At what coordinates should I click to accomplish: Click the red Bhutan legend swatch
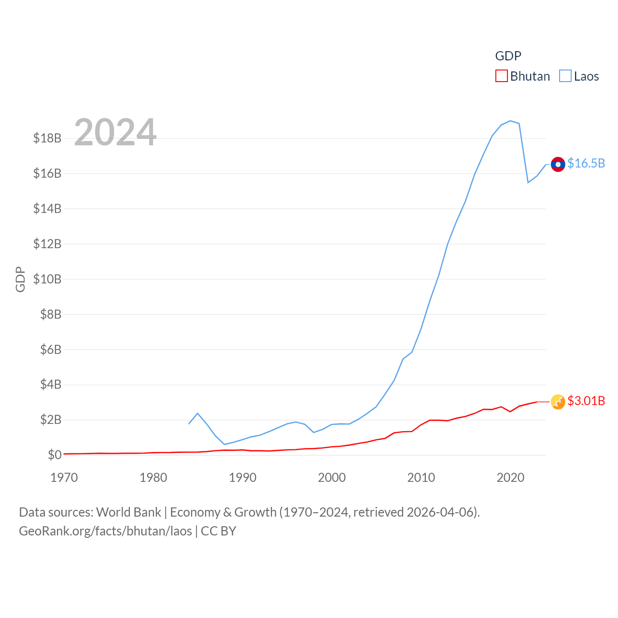click(502, 76)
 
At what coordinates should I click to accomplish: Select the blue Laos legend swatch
click(565, 76)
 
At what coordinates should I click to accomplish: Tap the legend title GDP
click(508, 56)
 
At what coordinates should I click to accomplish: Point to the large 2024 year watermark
click(115, 132)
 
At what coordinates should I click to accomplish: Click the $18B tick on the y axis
click(47, 138)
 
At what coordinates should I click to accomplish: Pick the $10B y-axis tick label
click(47, 279)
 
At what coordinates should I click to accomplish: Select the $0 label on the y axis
click(55, 455)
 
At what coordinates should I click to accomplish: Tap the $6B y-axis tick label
click(51, 350)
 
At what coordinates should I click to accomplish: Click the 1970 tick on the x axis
click(64, 478)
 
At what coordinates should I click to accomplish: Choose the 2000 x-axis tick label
click(332, 478)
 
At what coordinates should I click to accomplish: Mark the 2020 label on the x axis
click(510, 478)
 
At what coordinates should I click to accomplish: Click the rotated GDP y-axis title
click(20, 279)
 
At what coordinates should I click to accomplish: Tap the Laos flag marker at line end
click(558, 164)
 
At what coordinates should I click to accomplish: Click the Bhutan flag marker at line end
click(558, 402)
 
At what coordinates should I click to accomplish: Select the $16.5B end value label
click(586, 163)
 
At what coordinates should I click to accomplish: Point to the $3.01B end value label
click(586, 401)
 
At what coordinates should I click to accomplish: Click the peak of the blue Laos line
click(510, 121)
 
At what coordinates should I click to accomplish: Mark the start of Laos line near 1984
click(189, 423)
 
